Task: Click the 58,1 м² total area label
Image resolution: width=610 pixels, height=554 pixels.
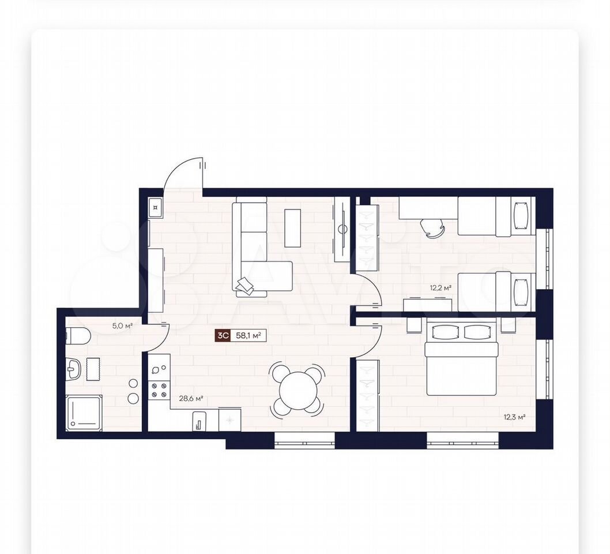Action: click(x=248, y=335)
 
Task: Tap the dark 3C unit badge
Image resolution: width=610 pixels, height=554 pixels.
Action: click(x=223, y=335)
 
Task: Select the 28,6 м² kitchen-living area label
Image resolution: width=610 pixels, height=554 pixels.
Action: click(x=191, y=398)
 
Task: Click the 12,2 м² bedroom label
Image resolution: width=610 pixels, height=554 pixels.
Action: click(x=440, y=288)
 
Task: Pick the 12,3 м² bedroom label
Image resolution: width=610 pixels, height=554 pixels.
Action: click(x=515, y=417)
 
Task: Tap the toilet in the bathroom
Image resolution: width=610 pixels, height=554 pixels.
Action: click(x=78, y=335)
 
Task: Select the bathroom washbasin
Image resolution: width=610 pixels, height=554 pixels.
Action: click(x=73, y=369)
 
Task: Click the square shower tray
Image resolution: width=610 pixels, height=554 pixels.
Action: click(x=84, y=413)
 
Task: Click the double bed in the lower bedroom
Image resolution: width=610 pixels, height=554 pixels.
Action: click(x=462, y=358)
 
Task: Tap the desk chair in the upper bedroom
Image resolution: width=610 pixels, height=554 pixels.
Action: click(x=433, y=227)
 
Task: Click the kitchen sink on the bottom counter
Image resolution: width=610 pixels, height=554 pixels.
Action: click(x=199, y=421)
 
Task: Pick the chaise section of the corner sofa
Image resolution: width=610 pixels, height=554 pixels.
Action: click(x=266, y=276)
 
